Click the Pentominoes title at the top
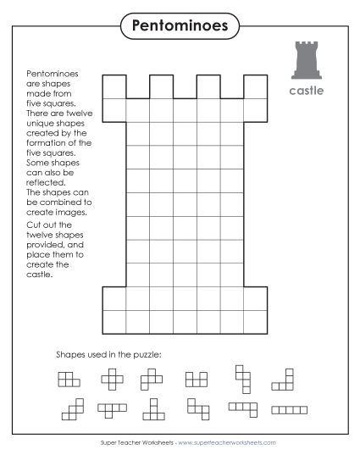[x=180, y=26]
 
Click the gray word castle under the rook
[x=306, y=90]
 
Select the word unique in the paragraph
[x=42, y=123]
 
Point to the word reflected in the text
[x=47, y=181]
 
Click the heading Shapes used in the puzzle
[x=108, y=353]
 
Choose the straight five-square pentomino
[x=289, y=410]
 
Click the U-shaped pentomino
[x=197, y=380]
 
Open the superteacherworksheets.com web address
[x=226, y=443]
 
